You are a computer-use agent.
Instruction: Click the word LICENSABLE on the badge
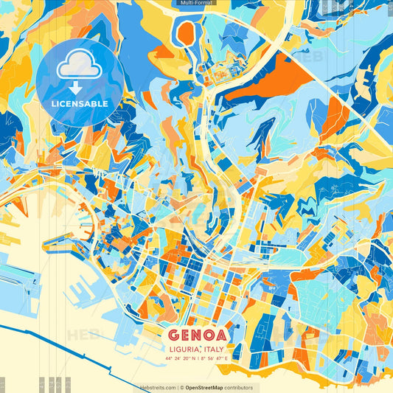80,104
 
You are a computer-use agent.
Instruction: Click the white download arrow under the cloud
75,87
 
